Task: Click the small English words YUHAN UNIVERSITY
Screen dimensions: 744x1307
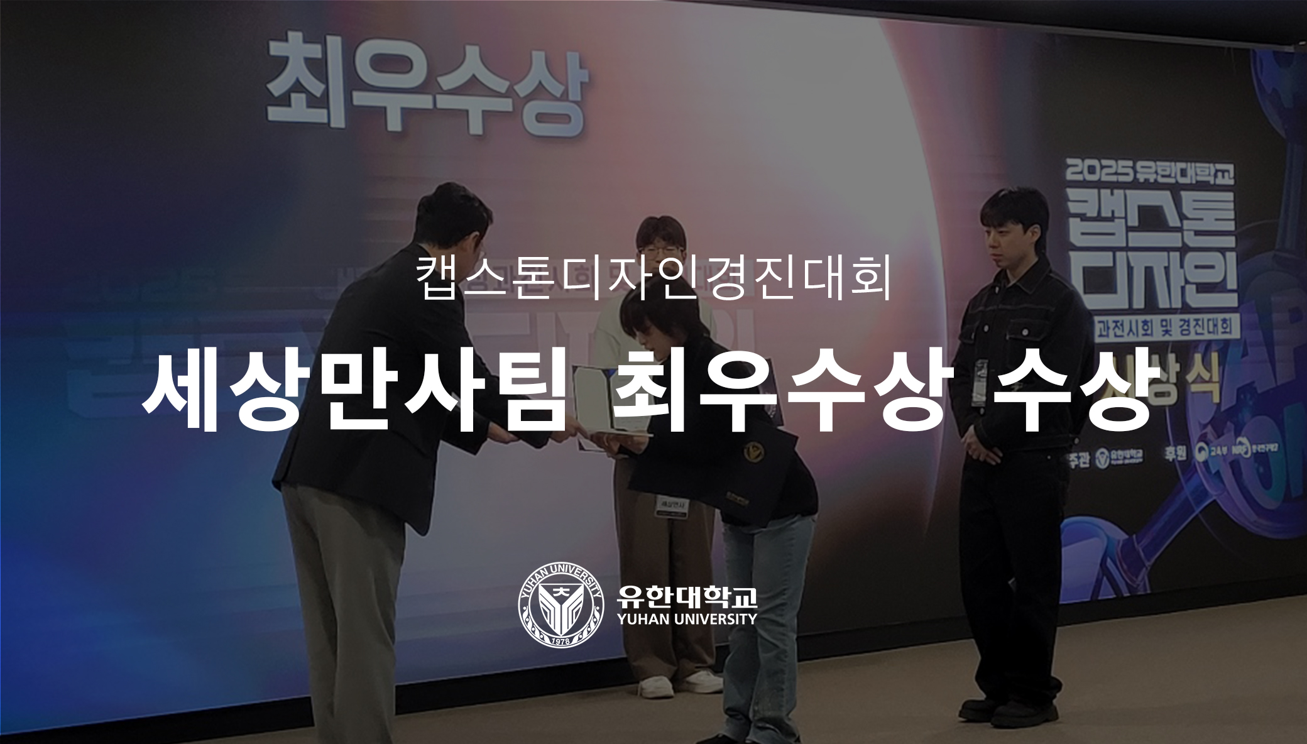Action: [x=687, y=620]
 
